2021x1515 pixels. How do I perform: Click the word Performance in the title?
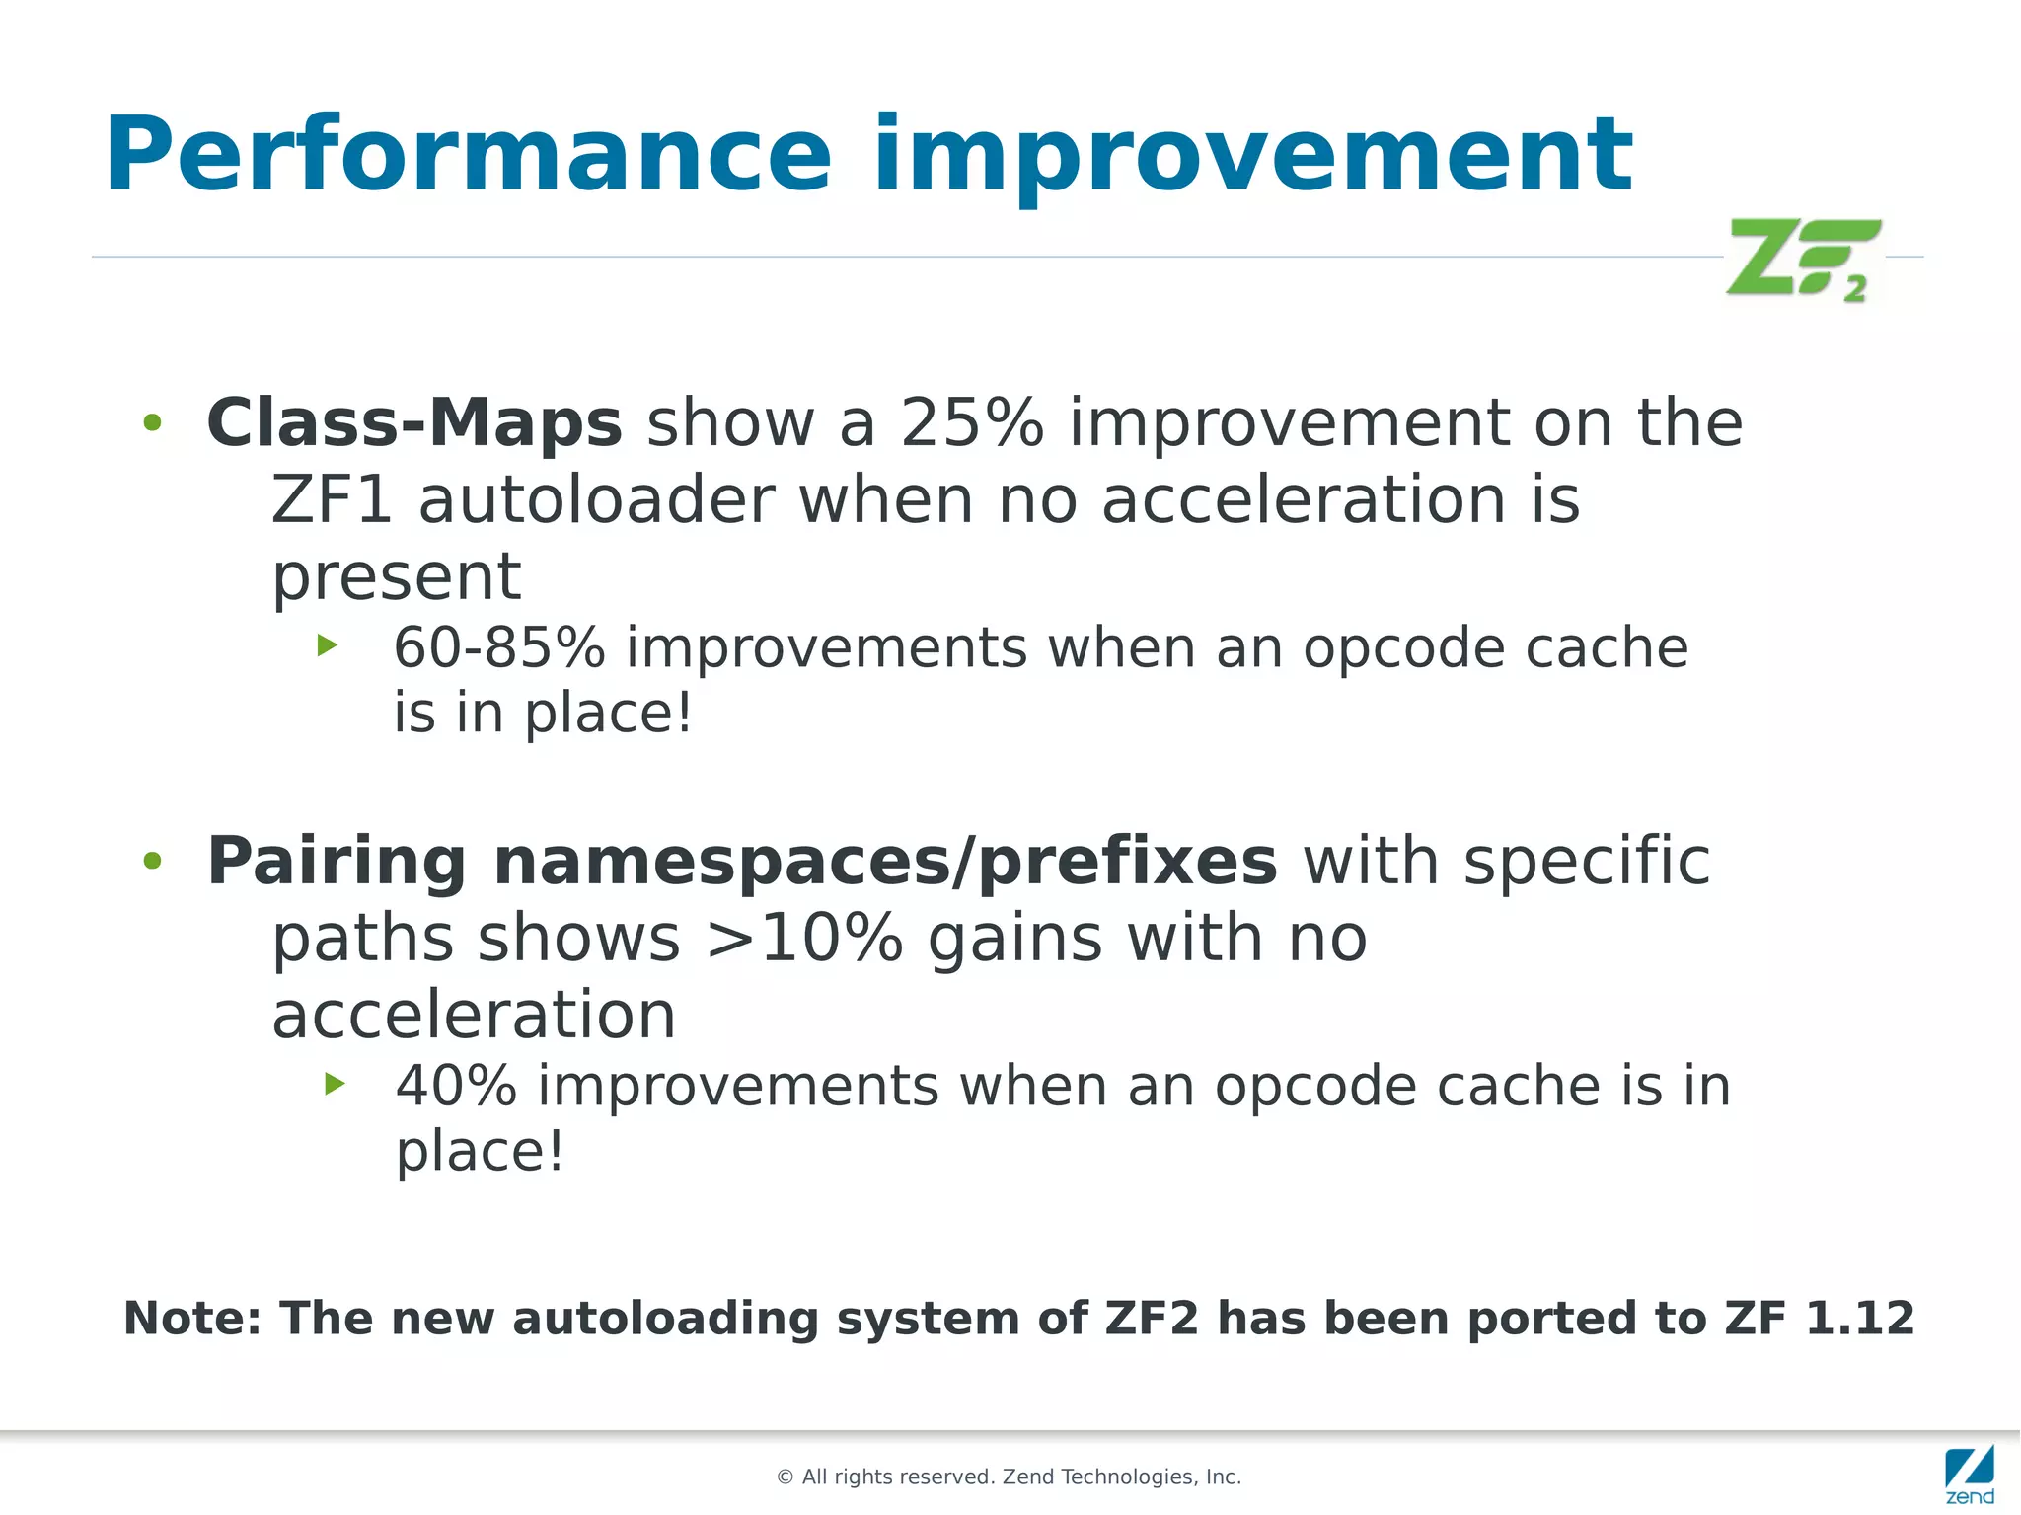[x=468, y=156]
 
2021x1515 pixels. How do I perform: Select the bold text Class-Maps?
[x=414, y=423]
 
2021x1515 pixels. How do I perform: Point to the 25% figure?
[x=971, y=423]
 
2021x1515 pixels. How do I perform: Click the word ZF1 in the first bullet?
[x=332, y=499]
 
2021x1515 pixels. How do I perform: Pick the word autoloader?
[x=596, y=499]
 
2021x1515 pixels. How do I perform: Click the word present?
[x=396, y=576]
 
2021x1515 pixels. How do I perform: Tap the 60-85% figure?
[x=498, y=648]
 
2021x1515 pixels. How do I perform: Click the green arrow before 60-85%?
[x=328, y=646]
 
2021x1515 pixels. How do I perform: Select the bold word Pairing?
[x=336, y=862]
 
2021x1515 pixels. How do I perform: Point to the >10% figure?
[x=804, y=938]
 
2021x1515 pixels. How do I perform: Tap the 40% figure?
[x=456, y=1087]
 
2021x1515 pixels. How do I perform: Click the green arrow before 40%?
[x=335, y=1084]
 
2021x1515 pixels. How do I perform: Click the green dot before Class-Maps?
[x=152, y=423]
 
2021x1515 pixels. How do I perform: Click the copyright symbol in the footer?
[x=786, y=1477]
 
